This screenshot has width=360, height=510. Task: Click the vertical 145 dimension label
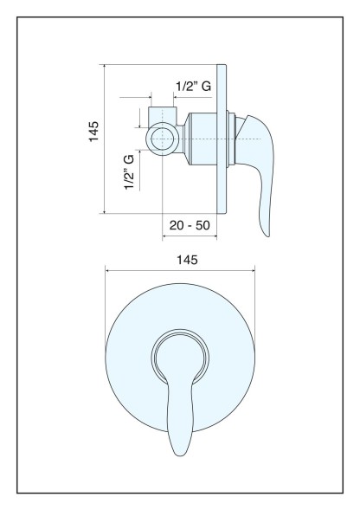(93, 132)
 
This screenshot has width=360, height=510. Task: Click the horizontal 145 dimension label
(187, 260)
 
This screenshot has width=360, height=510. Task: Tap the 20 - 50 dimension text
(190, 225)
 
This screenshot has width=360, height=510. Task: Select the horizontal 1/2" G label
(194, 87)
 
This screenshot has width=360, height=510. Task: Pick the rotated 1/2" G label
(129, 172)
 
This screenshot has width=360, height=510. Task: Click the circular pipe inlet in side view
(163, 139)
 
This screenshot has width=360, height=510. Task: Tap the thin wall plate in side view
(222, 139)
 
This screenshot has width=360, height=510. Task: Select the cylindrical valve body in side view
(202, 139)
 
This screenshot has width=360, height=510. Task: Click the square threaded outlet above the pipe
(163, 115)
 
